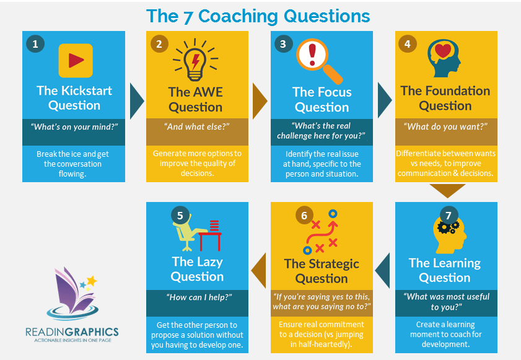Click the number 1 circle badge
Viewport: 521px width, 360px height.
click(35, 43)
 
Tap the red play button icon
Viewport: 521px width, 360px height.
click(76, 61)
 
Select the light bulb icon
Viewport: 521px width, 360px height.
click(195, 60)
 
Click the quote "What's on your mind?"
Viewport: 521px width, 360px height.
click(74, 126)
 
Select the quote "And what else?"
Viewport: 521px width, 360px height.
click(197, 126)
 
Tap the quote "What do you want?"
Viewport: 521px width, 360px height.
click(445, 126)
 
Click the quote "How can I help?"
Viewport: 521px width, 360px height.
click(199, 297)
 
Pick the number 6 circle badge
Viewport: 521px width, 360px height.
click(304, 216)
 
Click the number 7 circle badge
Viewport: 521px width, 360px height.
click(449, 216)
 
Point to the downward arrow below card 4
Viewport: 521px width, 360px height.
click(447, 190)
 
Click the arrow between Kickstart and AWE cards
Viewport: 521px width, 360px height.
click(136, 101)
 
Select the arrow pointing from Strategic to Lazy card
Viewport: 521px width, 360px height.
click(260, 270)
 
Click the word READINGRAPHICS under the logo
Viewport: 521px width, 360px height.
click(72, 331)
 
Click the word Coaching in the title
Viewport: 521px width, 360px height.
click(238, 16)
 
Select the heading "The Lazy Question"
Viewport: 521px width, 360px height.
click(197, 269)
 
